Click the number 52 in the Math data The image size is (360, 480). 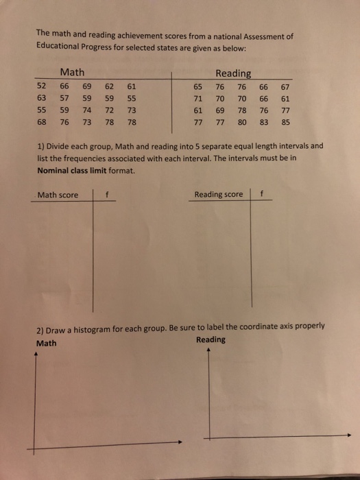point(42,86)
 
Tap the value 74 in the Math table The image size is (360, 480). point(87,112)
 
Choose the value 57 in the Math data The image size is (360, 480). point(64,99)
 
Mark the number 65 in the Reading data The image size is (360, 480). point(198,86)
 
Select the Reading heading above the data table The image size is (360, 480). point(233,73)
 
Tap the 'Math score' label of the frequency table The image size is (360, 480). point(58,195)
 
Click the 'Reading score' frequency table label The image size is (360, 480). point(219,194)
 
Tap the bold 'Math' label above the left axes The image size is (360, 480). point(47,343)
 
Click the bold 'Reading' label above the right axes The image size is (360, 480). point(210,340)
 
